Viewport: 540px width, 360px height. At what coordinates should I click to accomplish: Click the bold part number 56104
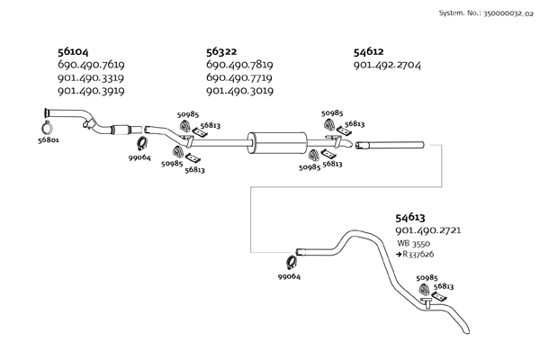click(73, 51)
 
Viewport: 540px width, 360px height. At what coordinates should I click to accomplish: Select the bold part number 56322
click(221, 51)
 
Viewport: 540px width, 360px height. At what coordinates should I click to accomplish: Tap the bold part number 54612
click(368, 51)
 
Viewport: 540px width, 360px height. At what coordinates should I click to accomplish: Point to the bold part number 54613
click(410, 218)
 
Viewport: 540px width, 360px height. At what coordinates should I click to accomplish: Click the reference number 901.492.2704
click(387, 65)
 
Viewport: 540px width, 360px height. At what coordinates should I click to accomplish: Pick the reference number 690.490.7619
click(91, 65)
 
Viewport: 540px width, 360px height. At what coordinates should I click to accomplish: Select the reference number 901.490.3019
click(239, 91)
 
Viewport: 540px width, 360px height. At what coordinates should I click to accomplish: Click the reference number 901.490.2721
click(428, 230)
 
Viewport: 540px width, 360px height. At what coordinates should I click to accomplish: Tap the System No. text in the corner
click(486, 13)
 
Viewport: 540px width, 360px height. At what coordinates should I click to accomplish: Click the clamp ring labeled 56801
click(47, 129)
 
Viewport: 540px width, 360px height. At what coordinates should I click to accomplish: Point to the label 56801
click(49, 140)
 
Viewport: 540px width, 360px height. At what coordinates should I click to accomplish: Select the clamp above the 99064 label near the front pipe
click(142, 143)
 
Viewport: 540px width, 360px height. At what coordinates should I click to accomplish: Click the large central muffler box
click(277, 142)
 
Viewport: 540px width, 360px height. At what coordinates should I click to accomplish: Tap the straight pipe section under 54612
click(390, 146)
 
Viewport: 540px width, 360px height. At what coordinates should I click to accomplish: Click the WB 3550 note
click(414, 243)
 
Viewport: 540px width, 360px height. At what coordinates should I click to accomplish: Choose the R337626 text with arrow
click(415, 254)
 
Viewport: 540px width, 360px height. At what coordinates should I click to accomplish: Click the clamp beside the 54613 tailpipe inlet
click(292, 263)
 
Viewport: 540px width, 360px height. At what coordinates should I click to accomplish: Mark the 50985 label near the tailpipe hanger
click(427, 278)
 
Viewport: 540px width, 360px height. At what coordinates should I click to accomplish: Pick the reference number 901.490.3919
click(91, 91)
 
